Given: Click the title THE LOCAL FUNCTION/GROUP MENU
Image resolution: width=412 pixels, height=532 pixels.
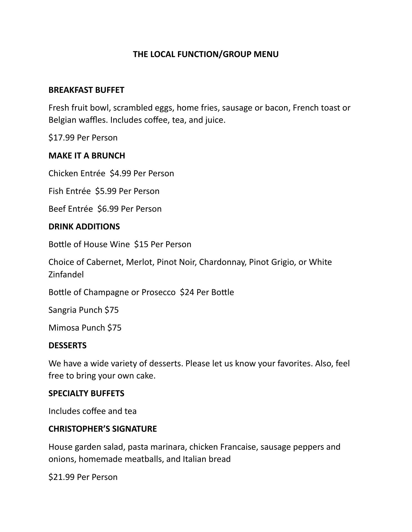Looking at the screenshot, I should pos(206,54).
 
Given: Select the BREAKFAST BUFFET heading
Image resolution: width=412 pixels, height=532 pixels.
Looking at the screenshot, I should pos(86,90).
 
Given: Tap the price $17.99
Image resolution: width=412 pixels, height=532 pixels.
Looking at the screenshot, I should pos(61,138).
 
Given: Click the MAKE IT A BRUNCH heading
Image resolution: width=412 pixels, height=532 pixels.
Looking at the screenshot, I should pos(87,156).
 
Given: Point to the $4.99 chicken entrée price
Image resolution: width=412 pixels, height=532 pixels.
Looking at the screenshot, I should pos(120,173).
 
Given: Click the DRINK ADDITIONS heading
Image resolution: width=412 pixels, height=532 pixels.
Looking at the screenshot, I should pos(84,227).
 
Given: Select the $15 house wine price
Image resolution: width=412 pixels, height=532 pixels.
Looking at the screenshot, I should pos(141,244).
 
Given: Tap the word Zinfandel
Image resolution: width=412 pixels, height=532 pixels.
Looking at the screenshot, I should pos(66,275).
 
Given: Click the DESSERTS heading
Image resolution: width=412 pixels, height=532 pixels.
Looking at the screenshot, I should pos(67,346).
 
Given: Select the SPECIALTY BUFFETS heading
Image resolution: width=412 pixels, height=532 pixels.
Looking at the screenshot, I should pos(86,393).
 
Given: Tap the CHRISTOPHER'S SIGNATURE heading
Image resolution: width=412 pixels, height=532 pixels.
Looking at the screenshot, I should pos(102,429).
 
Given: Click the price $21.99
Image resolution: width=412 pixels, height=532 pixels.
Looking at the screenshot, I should pos(61,477).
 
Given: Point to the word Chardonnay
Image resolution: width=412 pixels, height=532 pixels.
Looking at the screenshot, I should pos(223,262).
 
